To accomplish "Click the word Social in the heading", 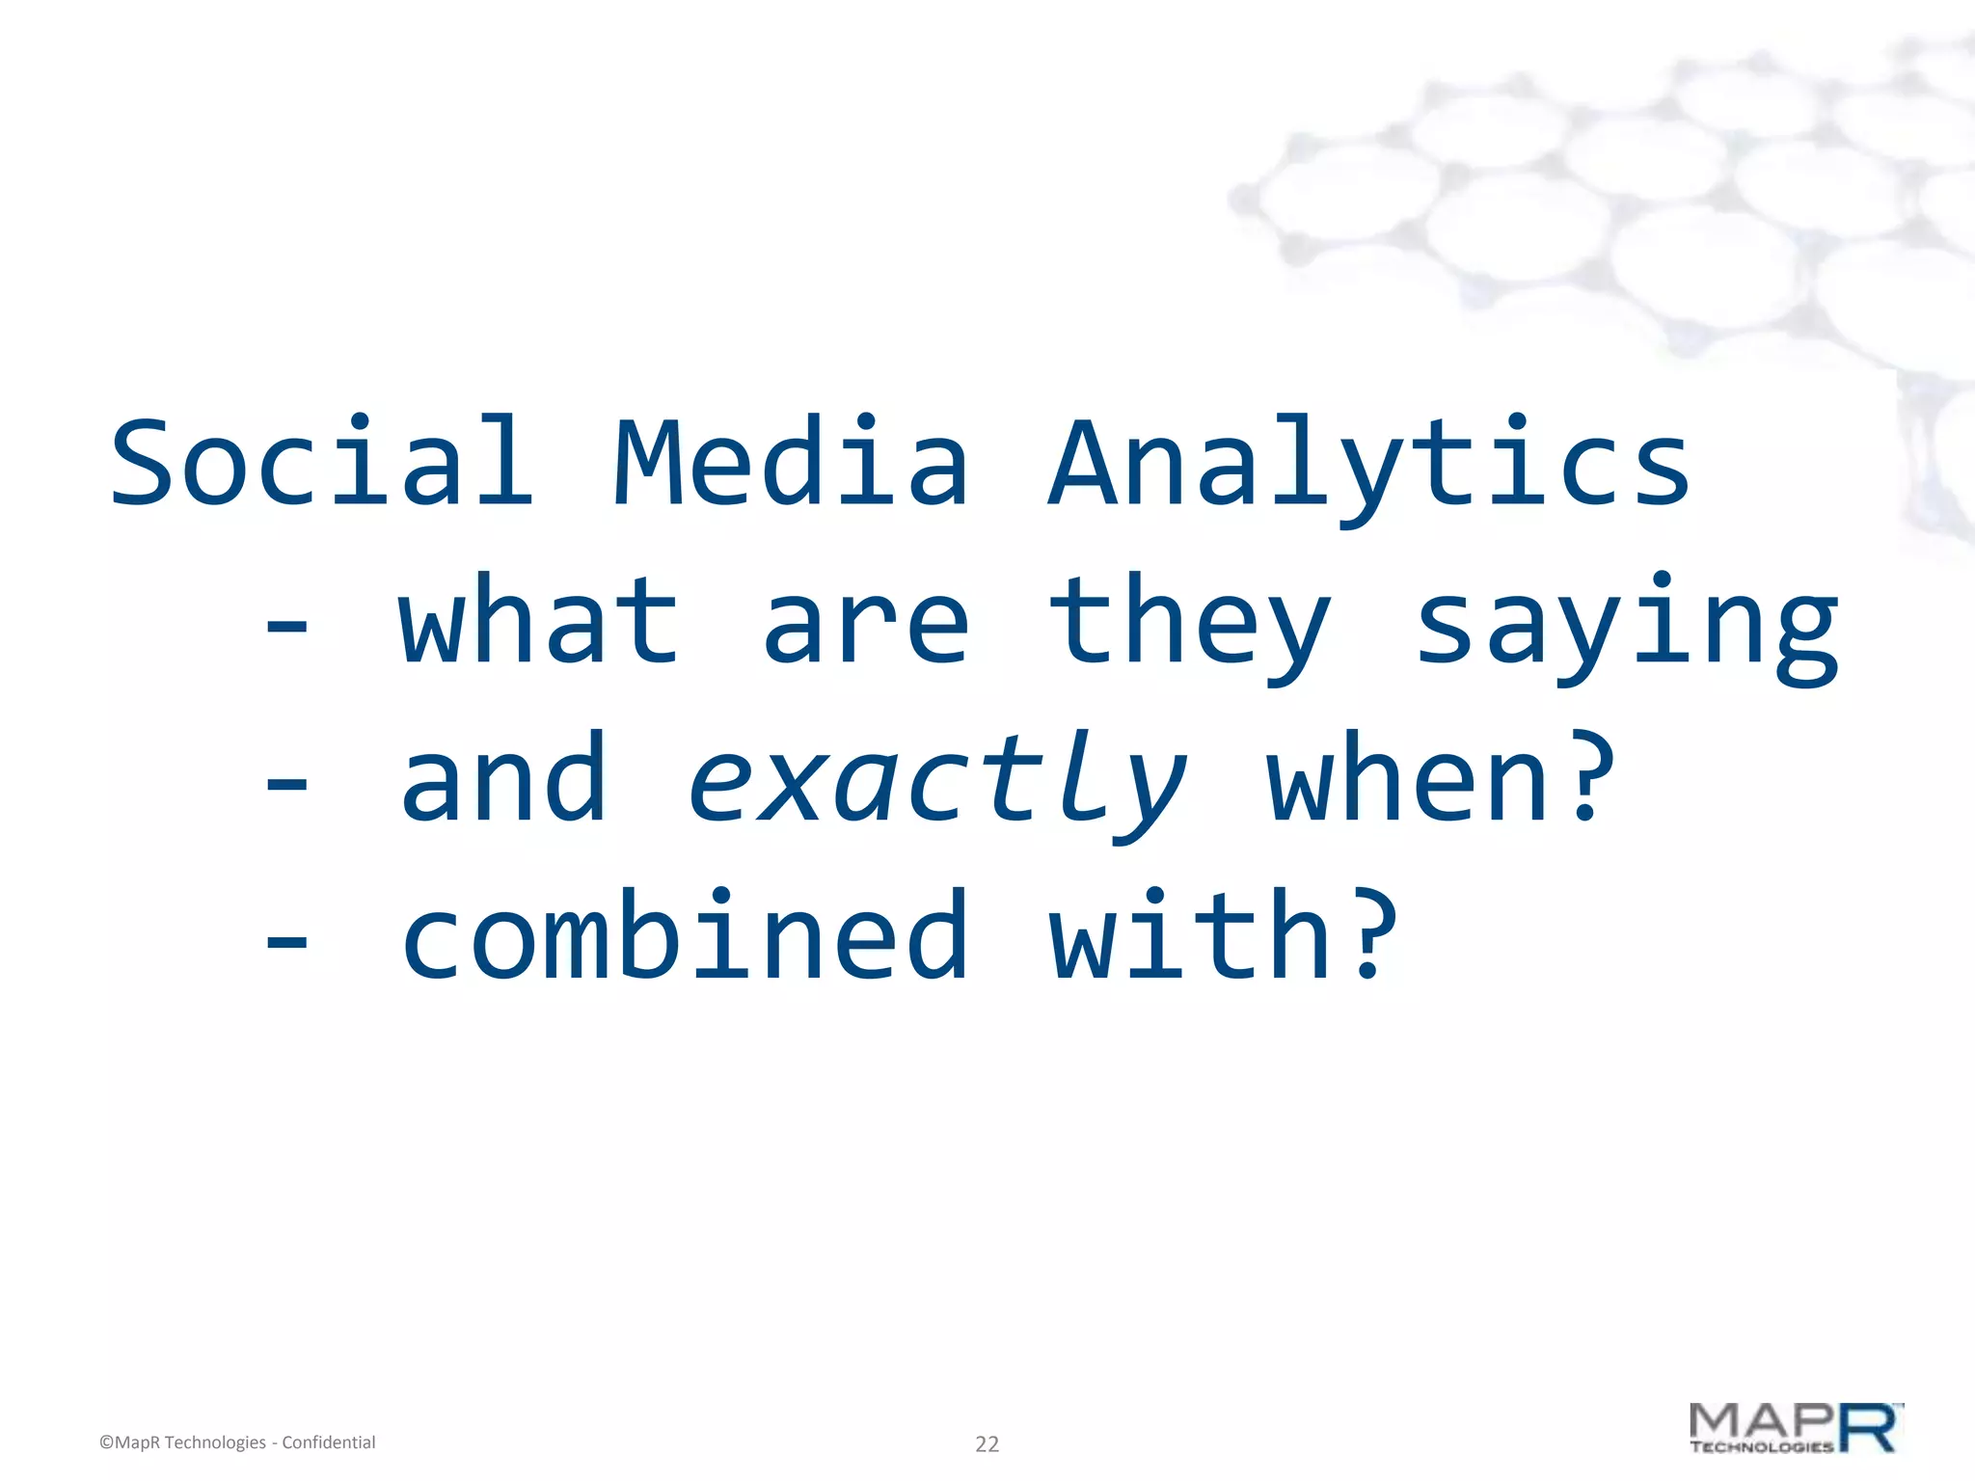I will [x=321, y=463].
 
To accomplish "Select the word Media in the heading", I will [x=791, y=463].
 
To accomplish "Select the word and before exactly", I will [x=503, y=779].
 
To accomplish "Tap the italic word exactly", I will [x=937, y=783].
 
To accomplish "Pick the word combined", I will [x=685, y=935].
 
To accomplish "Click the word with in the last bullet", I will [x=1190, y=935].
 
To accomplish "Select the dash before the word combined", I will [x=286, y=941].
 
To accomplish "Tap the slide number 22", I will [x=987, y=1443].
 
